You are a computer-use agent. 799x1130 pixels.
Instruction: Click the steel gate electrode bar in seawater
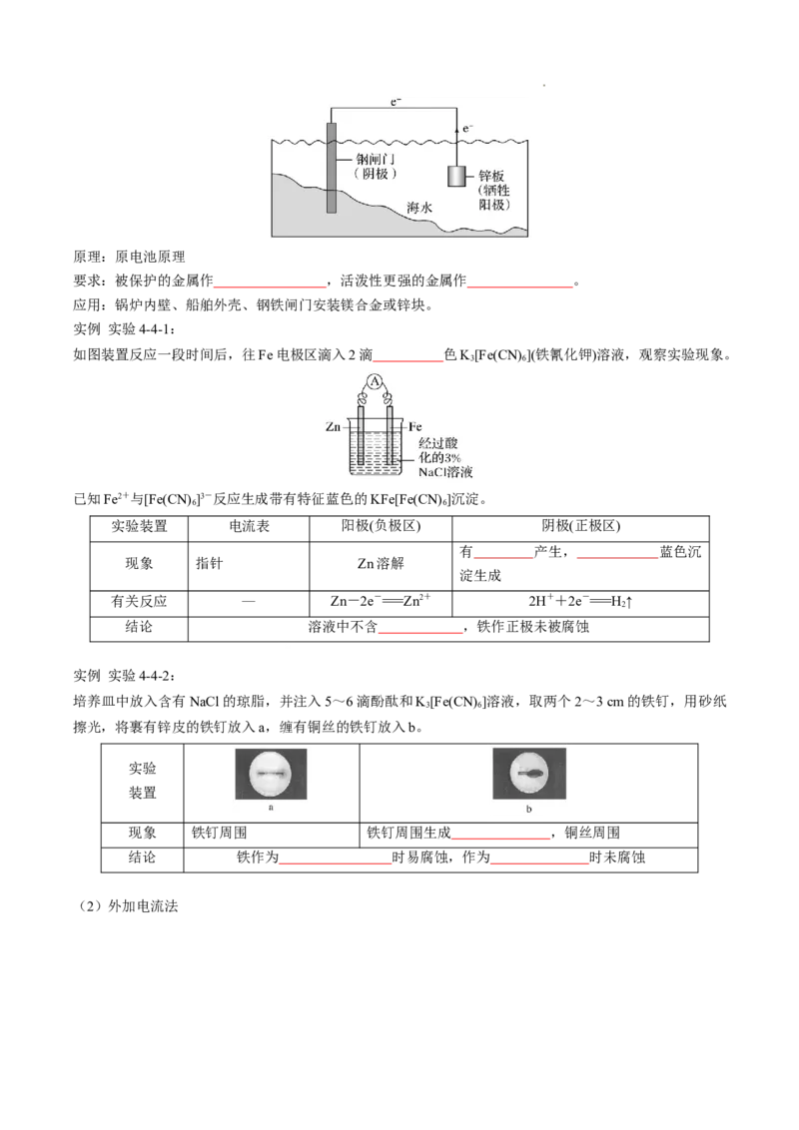[x=332, y=168]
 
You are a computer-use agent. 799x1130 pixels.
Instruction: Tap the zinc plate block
[x=457, y=177]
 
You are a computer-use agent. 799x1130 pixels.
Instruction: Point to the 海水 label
[x=421, y=208]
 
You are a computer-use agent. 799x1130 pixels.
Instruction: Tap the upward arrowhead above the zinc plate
[x=457, y=128]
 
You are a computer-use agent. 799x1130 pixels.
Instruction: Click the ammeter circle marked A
[x=375, y=381]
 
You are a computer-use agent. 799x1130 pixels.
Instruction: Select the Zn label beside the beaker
[x=334, y=426]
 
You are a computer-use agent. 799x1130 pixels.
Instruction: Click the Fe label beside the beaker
[x=415, y=426]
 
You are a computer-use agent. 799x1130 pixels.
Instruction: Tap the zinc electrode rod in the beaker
[x=361, y=439]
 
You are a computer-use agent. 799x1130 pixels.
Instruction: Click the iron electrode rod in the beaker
[x=389, y=439]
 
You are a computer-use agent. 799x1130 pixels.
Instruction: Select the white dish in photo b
[x=528, y=773]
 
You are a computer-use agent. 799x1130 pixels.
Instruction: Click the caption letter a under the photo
[x=271, y=810]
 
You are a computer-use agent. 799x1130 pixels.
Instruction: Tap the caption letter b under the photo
[x=528, y=810]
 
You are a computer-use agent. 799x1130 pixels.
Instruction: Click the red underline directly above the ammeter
[x=407, y=361]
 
